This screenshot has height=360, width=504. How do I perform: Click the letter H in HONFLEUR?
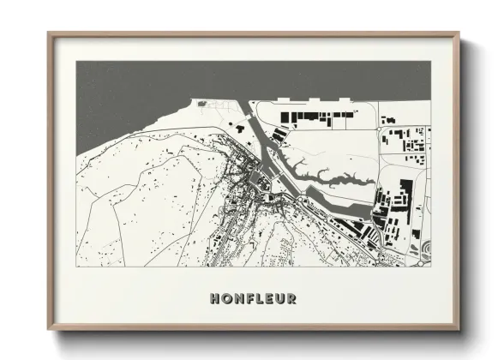[213, 299]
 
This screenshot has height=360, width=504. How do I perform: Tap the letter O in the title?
[226, 299]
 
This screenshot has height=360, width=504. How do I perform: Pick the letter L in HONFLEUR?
[260, 299]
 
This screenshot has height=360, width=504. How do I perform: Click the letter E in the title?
[269, 299]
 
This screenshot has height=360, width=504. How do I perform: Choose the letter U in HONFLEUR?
[280, 299]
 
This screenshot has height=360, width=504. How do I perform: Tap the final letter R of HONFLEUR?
[292, 299]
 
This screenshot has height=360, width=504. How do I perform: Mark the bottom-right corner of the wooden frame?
[459, 328]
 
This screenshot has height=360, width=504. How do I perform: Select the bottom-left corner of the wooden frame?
[49, 328]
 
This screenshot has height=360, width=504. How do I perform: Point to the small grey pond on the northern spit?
[203, 103]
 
